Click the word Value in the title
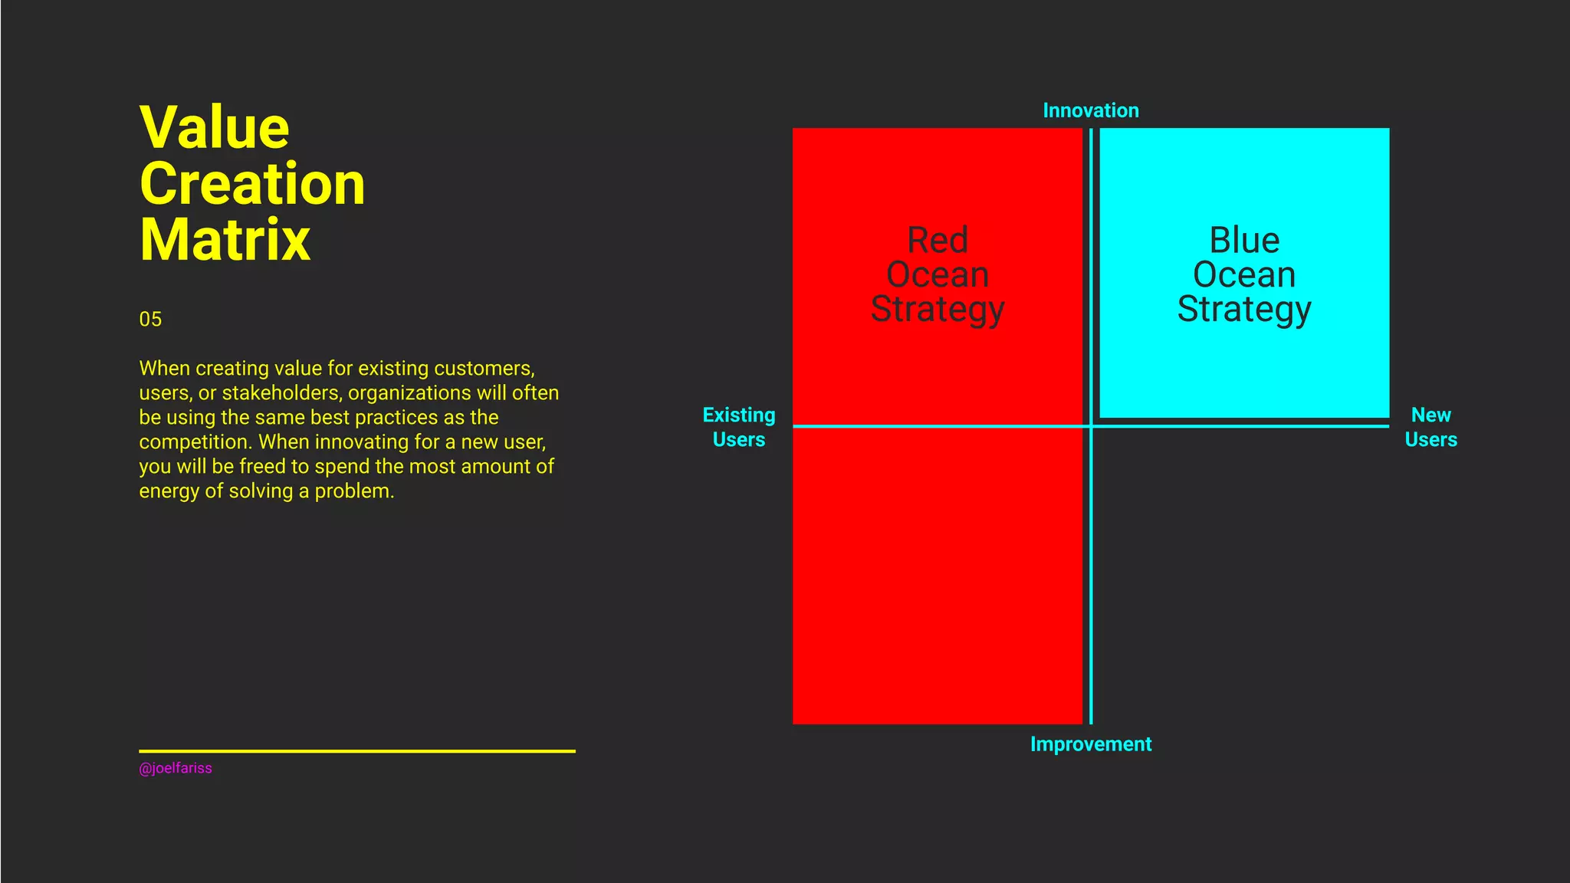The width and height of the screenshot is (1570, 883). pos(215,127)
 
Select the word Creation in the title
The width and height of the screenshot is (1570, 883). pos(252,184)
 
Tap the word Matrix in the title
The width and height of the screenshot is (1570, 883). pos(225,240)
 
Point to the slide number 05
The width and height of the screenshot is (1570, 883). pos(150,320)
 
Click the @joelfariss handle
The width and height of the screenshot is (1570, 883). pos(176,768)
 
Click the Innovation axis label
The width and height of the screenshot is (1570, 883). pos(1090,110)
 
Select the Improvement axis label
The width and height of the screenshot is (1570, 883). pos(1090,744)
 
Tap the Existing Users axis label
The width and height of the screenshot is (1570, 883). pos(739,427)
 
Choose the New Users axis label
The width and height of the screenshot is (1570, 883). pos(1430,427)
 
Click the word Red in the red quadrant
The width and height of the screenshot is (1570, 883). pos(937,241)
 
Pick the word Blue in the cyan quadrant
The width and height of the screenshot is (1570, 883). pos(1244,241)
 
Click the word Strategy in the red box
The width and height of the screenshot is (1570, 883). pos(937,310)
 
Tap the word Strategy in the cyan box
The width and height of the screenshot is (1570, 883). pos(1244,310)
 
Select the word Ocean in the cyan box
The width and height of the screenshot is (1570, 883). pos(1244,274)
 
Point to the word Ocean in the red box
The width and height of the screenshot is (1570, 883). pos(937,274)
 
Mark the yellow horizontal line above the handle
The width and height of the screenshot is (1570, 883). pos(356,751)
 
